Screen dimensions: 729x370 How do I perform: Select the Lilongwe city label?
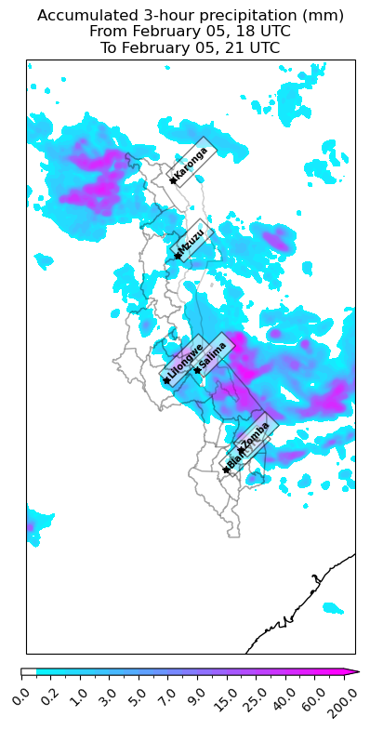click(184, 363)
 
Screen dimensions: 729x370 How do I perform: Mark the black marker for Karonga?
click(173, 180)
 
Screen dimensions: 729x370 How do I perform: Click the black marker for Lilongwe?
click(166, 380)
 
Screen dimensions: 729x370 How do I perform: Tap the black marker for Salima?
click(197, 370)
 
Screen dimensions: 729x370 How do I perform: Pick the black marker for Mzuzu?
click(175, 257)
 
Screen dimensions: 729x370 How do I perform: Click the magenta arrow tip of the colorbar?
click(354, 671)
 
